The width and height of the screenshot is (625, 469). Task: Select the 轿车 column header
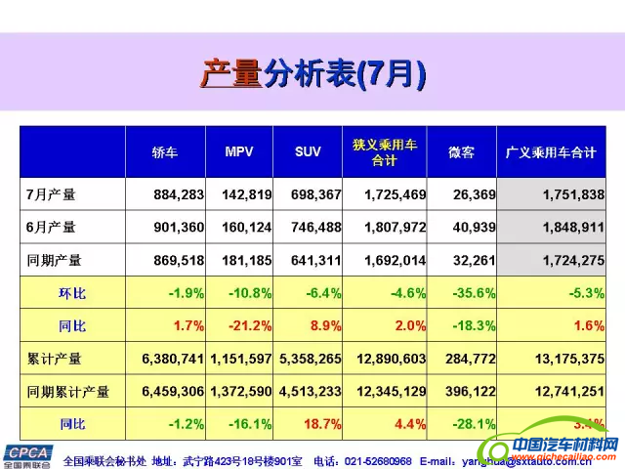click(x=165, y=152)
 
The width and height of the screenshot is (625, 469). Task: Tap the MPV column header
click(x=239, y=152)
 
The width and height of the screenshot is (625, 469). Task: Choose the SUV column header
click(x=308, y=152)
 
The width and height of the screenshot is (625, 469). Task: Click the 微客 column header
click(x=461, y=152)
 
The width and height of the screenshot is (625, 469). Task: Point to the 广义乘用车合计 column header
click(x=551, y=152)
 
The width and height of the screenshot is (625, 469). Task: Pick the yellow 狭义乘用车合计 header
click(x=385, y=152)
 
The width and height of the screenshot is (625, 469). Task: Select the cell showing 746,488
click(x=316, y=228)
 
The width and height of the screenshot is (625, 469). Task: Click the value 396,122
click(x=468, y=392)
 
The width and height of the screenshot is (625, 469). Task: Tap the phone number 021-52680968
click(x=375, y=460)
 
